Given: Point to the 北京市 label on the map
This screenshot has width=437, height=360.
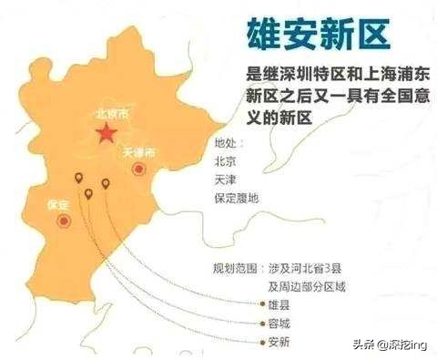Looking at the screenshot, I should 110,117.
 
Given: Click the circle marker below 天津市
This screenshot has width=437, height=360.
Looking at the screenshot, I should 138,169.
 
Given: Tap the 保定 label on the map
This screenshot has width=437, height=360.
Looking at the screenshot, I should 58,204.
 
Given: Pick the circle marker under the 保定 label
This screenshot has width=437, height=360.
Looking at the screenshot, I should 62,221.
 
